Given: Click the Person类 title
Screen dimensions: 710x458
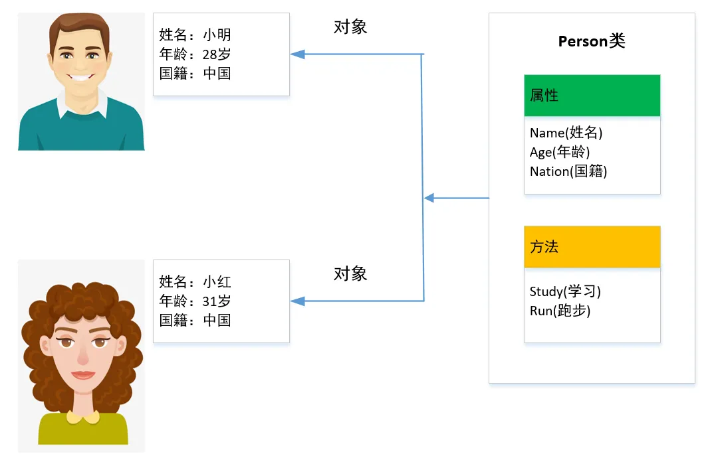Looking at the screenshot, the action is click(x=592, y=41).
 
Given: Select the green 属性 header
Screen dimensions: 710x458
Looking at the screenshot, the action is click(x=592, y=96).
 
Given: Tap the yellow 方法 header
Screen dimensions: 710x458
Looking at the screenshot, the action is click(x=592, y=247).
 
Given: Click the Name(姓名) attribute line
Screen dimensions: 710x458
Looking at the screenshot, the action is click(x=566, y=133).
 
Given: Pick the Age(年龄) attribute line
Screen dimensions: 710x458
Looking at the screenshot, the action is click(x=560, y=153).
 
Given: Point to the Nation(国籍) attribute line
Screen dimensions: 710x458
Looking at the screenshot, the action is click(x=568, y=171).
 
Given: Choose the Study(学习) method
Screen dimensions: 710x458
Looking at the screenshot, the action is click(x=565, y=291).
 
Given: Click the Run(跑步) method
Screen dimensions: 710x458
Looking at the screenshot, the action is click(x=560, y=311).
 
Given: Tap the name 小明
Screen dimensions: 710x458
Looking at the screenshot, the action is click(x=217, y=35).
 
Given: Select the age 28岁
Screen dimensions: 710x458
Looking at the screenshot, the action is click(x=217, y=54).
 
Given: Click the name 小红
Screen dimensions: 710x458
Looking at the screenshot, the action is click(x=217, y=281).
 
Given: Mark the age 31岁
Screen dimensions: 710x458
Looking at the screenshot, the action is click(x=217, y=301).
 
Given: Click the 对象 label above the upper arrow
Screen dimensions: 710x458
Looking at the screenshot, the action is click(x=350, y=27).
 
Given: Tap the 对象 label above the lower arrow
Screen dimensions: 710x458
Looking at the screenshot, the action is click(x=350, y=274).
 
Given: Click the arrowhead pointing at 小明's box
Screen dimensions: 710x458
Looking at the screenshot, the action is click(x=297, y=54).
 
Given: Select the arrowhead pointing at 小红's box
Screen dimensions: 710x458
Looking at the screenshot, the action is click(x=297, y=301).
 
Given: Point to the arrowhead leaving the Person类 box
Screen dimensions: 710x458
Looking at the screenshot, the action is click(x=429, y=198).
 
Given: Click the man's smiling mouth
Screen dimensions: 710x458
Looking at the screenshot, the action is click(x=80, y=77).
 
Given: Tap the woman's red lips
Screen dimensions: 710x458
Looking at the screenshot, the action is click(x=83, y=375).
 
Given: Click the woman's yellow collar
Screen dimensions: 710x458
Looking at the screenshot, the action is click(x=83, y=416).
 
